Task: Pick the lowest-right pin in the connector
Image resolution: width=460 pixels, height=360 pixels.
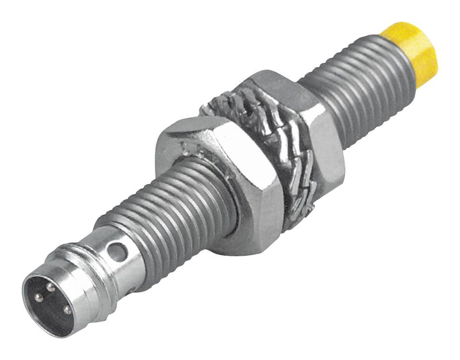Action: point(67,310)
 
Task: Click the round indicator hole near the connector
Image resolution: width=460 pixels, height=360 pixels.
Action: point(118,251)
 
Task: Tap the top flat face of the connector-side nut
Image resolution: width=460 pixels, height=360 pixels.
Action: point(190,129)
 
